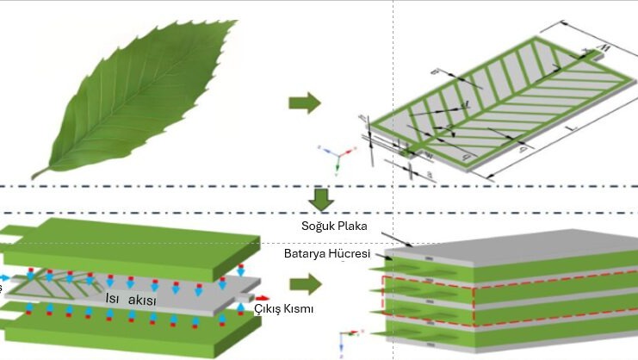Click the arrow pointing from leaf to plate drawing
pyautogui.click(x=303, y=104)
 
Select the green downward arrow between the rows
pyautogui.click(x=321, y=200)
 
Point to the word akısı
pyautogui.click(x=145, y=299)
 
